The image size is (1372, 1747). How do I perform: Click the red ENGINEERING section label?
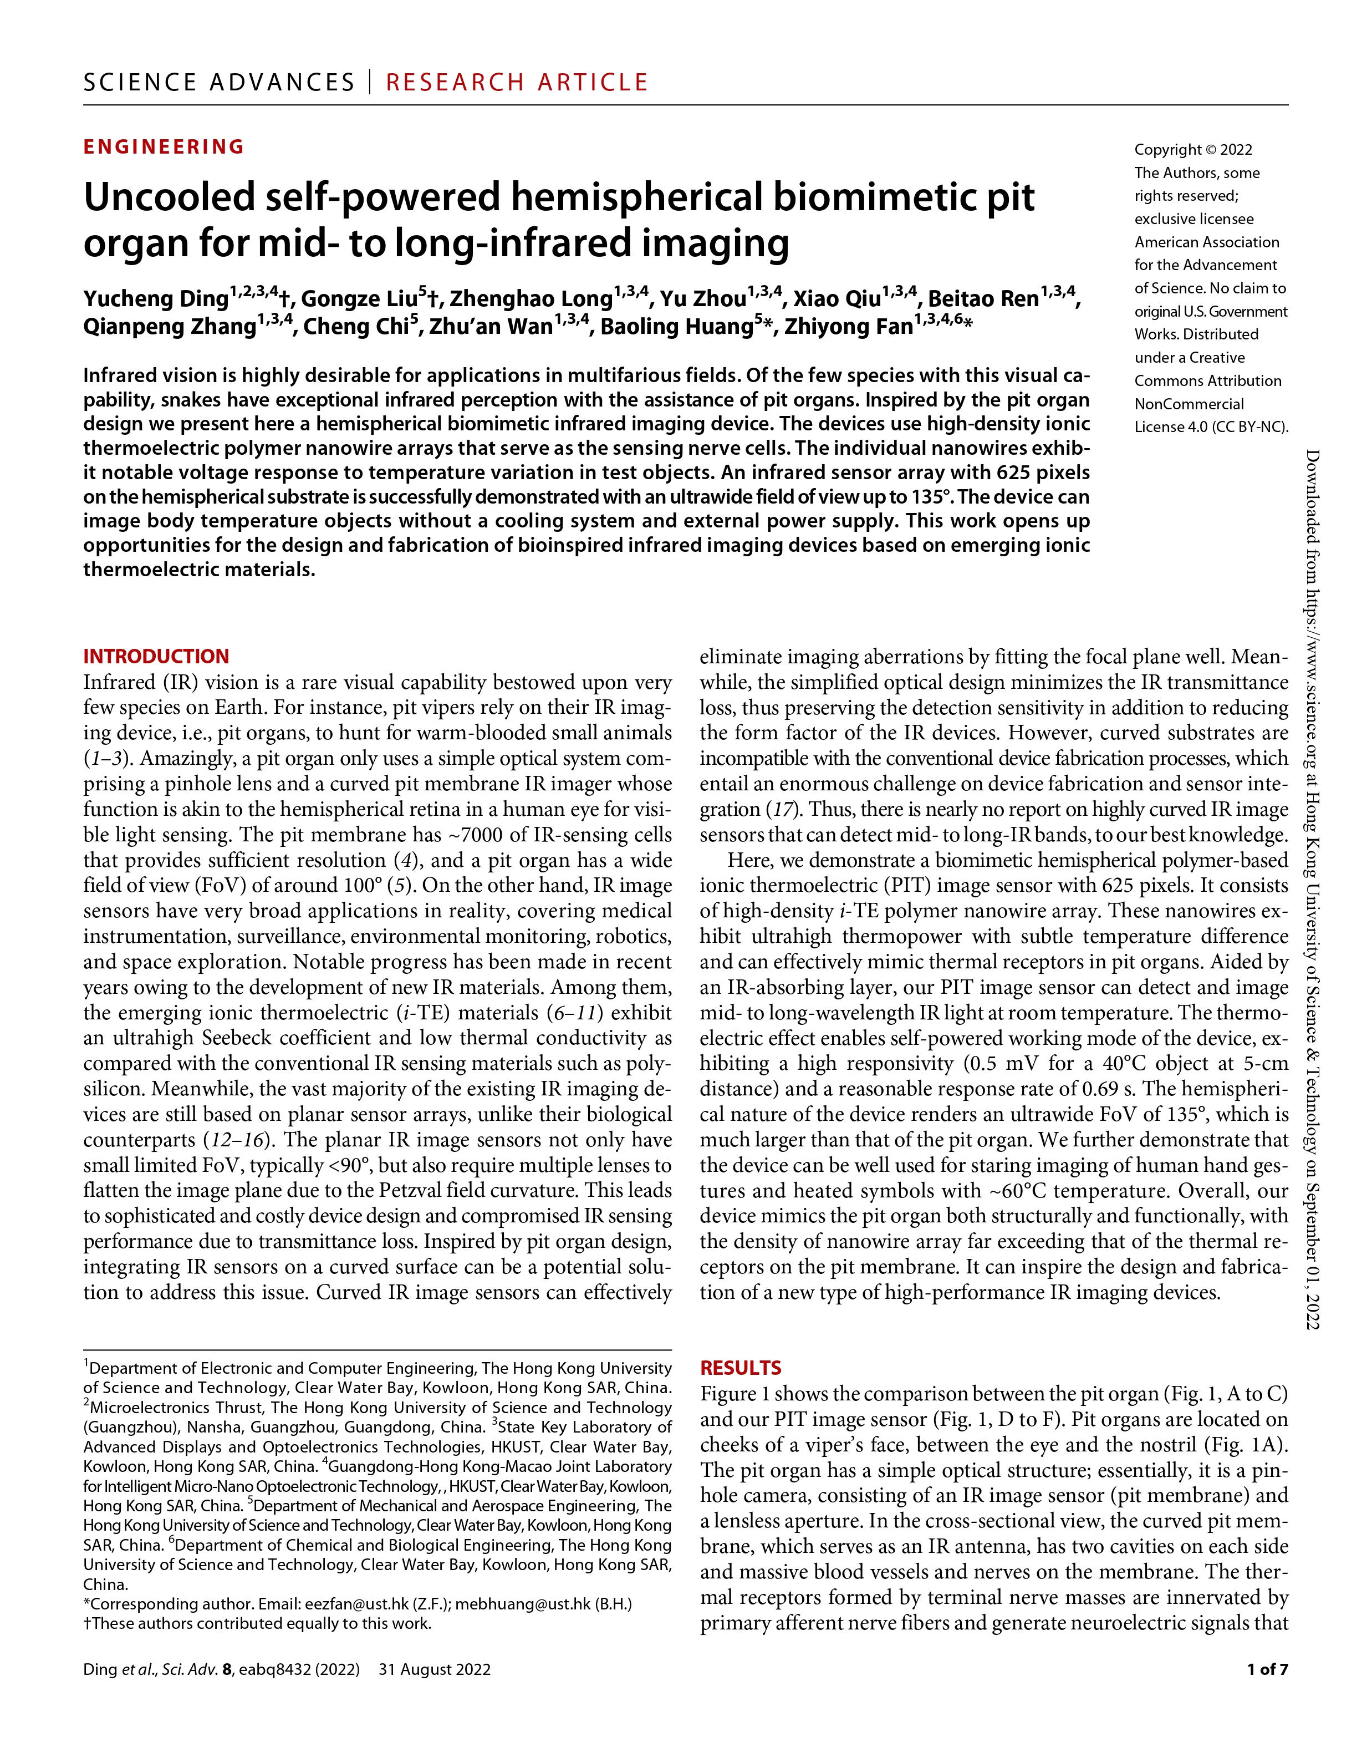164,147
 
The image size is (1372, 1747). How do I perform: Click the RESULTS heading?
741,1368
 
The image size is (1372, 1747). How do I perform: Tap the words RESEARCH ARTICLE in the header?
517,82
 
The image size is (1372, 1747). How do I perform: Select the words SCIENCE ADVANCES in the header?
218,82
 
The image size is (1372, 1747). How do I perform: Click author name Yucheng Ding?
156,299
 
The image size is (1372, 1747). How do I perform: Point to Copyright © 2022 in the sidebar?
1193,150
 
